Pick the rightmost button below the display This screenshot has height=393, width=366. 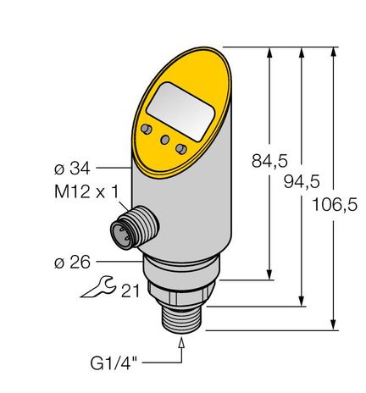(x=180, y=149)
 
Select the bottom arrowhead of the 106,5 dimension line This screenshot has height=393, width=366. (x=336, y=322)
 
